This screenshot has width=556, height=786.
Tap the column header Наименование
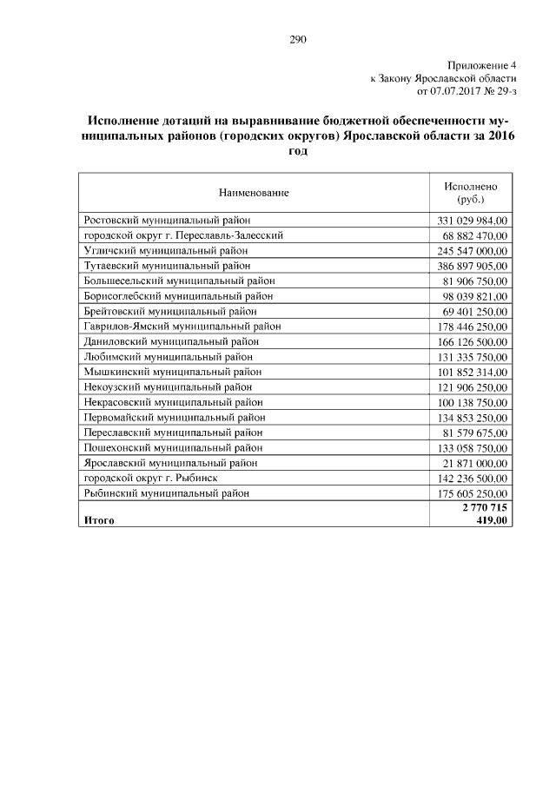coord(254,192)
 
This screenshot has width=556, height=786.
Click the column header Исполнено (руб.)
coord(470,192)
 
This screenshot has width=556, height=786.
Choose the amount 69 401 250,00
coord(474,311)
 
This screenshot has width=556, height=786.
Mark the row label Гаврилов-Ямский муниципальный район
coord(182,326)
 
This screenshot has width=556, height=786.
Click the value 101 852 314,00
coord(472,372)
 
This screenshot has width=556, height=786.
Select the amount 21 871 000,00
coord(474,463)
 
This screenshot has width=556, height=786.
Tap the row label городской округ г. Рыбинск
coord(149,478)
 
